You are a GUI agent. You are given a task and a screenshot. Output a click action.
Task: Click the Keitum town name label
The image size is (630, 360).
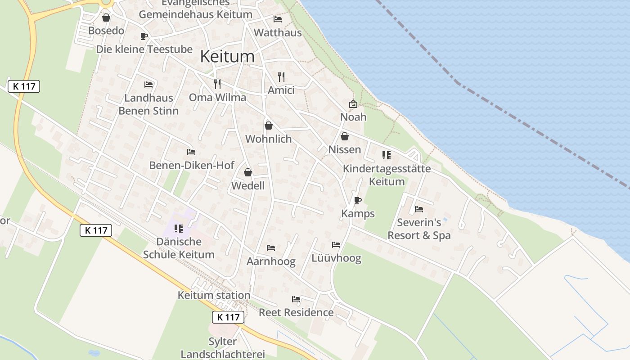click(x=227, y=56)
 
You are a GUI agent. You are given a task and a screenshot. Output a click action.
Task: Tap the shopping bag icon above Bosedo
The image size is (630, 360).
click(x=106, y=18)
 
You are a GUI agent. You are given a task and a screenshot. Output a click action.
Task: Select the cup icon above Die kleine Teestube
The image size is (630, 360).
click(x=144, y=36)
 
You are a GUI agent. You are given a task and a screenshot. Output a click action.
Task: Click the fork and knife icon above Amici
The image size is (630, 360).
click(x=281, y=77)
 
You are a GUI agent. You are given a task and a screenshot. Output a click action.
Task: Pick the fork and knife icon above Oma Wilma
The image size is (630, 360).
click(x=217, y=84)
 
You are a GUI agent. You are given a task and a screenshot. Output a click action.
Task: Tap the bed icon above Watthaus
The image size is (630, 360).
click(x=278, y=19)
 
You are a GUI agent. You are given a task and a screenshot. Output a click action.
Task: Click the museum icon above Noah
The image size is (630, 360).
click(x=353, y=104)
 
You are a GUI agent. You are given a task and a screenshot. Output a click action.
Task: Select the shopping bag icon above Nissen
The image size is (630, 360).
click(x=345, y=136)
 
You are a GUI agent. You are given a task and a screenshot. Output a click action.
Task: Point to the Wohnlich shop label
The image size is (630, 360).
click(x=269, y=139)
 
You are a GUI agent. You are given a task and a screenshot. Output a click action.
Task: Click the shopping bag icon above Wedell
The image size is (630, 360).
click(x=247, y=172)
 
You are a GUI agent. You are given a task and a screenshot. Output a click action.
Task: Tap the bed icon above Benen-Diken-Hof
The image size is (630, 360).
click(x=191, y=152)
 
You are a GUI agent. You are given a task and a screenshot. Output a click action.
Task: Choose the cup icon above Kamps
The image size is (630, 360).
click(x=358, y=200)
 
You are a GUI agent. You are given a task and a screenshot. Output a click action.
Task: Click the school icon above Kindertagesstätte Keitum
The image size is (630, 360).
click(x=387, y=155)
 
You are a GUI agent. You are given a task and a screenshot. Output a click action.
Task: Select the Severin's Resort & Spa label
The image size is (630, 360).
click(x=419, y=229)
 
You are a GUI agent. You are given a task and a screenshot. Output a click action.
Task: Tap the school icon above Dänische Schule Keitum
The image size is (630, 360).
click(x=179, y=229)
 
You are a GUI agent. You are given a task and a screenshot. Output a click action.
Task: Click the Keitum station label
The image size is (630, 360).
click(x=214, y=296)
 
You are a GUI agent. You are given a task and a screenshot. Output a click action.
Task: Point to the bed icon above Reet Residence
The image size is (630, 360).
click(x=296, y=299)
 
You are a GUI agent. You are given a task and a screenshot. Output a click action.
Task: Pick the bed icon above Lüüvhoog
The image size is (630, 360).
click(x=336, y=245)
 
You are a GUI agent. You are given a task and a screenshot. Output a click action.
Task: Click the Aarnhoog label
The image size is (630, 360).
click(x=271, y=261)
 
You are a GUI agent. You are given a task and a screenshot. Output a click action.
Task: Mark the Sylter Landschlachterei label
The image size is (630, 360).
click(x=223, y=348)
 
